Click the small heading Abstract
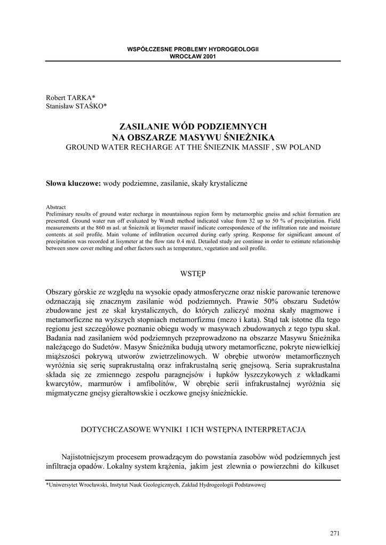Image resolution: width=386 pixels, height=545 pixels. (x=56, y=208)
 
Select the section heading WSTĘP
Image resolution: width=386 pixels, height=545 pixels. (x=192, y=274)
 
